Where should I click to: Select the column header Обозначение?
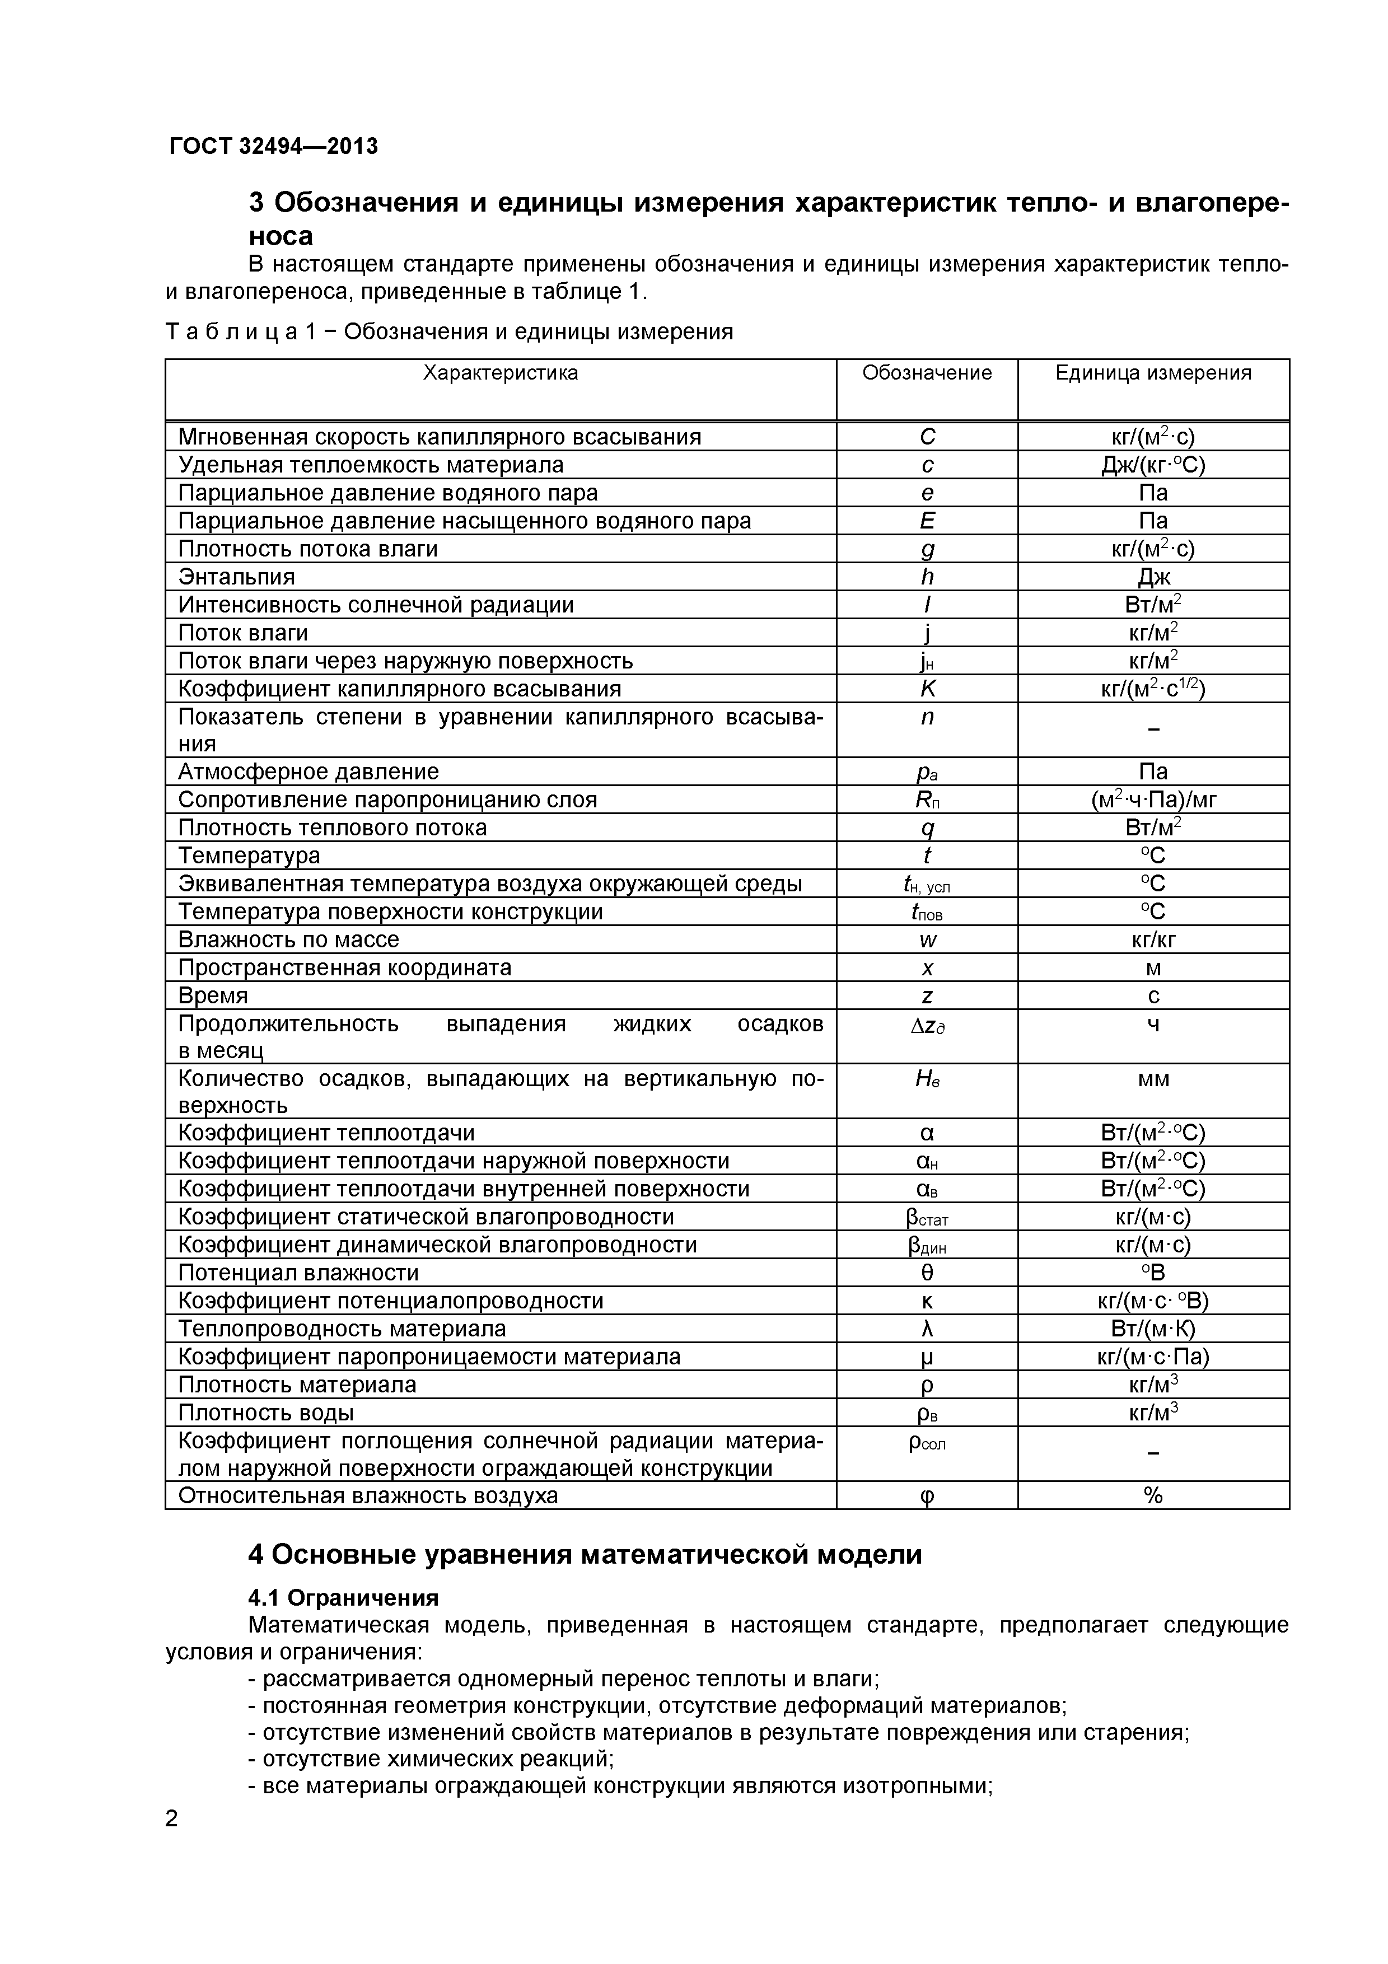[927, 373]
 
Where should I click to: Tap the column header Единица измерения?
[1153, 373]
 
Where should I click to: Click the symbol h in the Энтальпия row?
[927, 577]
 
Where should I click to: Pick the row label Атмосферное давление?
[308, 771]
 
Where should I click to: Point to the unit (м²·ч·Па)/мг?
[1153, 800]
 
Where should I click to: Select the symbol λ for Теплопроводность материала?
[927, 1329]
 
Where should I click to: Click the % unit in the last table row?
[1153, 1495]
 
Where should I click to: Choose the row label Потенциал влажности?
[298, 1273]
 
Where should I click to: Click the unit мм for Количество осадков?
[1153, 1079]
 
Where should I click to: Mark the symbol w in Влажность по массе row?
[927, 940]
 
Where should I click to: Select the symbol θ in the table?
[927, 1273]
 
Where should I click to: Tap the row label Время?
[213, 995]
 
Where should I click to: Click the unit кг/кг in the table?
[1153, 940]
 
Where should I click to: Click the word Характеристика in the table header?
[501, 373]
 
